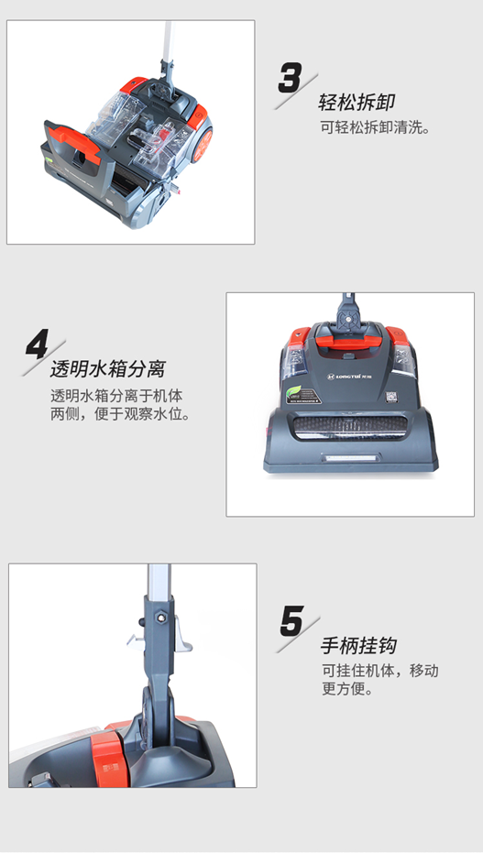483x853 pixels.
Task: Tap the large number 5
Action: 291,622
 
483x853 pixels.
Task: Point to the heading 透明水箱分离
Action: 107,370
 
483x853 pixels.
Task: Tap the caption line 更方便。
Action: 347,688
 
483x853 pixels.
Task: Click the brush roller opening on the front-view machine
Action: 349,428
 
